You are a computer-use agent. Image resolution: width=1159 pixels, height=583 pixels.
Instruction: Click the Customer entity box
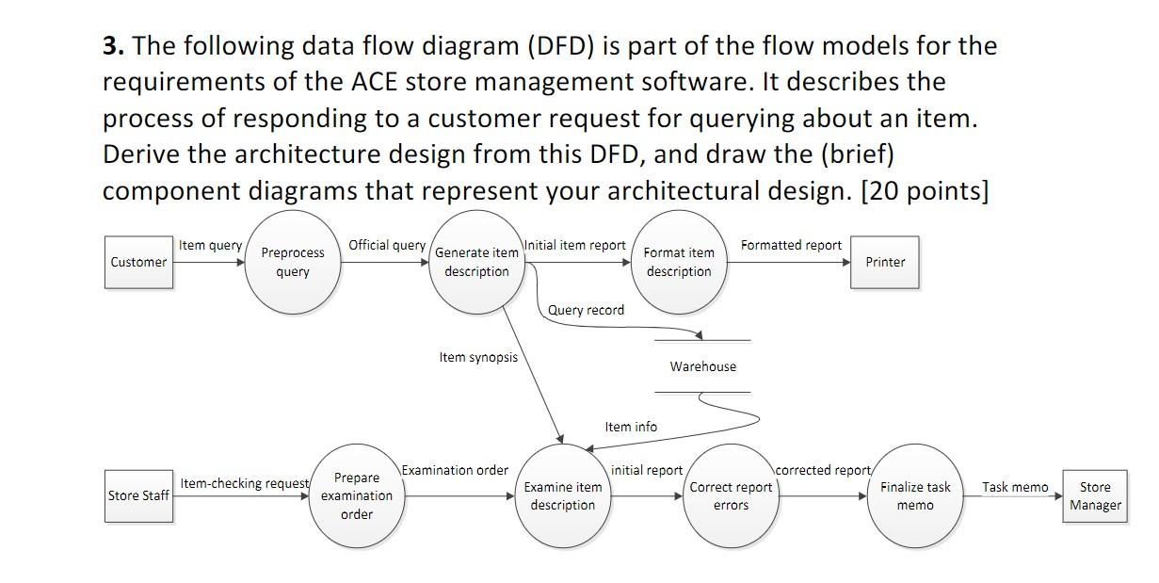pyautogui.click(x=138, y=262)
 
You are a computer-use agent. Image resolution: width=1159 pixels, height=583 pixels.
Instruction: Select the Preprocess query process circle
pyautogui.click(x=293, y=262)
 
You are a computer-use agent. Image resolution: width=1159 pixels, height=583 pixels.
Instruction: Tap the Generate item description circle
pyautogui.click(x=476, y=262)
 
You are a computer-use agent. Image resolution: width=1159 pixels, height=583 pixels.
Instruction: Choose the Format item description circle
pyautogui.click(x=679, y=262)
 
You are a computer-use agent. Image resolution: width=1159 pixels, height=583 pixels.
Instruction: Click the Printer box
pyautogui.click(x=885, y=262)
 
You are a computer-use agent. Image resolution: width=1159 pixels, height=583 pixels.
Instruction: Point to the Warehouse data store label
pyautogui.click(x=703, y=366)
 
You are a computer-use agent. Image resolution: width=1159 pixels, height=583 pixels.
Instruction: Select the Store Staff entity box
pyautogui.click(x=138, y=495)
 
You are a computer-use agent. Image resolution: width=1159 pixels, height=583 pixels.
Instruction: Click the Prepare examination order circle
pyautogui.click(x=356, y=495)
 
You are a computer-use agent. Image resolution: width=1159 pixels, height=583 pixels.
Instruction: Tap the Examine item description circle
pyautogui.click(x=562, y=495)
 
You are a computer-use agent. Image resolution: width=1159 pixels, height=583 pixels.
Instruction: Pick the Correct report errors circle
pyautogui.click(x=731, y=495)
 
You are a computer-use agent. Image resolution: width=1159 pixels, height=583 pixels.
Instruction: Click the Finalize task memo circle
pyautogui.click(x=915, y=495)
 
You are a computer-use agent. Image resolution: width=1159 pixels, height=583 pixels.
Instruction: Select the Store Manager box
pyautogui.click(x=1094, y=495)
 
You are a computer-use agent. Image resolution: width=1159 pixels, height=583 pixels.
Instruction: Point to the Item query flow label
pyautogui.click(x=210, y=245)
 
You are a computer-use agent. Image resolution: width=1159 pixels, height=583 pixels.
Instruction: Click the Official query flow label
pyautogui.click(x=387, y=245)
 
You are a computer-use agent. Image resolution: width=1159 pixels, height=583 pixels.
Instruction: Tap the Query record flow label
pyautogui.click(x=586, y=310)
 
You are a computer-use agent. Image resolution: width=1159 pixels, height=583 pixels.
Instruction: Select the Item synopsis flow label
pyautogui.click(x=478, y=357)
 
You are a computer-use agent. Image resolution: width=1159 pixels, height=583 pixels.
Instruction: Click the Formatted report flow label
pyautogui.click(x=791, y=245)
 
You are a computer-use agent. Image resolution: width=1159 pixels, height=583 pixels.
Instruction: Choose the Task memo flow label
pyautogui.click(x=1015, y=487)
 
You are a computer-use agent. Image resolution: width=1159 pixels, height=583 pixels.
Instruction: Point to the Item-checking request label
pyautogui.click(x=244, y=483)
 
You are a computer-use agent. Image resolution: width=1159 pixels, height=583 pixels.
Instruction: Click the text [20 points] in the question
pyautogui.click(x=925, y=190)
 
